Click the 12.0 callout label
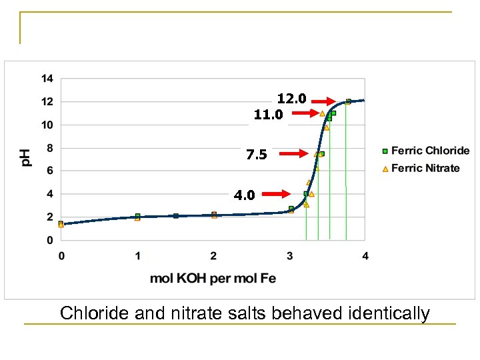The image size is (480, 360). coord(291,99)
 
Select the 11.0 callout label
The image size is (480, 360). coord(269,115)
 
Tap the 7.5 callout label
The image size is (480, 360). coord(256,155)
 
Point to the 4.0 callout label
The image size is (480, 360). coord(244,195)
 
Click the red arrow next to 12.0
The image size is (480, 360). coord(324,101)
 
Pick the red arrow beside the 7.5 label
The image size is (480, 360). coord(292,153)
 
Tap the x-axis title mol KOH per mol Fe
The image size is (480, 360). coord(213,278)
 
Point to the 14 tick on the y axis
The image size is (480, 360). coord(47,79)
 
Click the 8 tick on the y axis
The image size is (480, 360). coord(50,148)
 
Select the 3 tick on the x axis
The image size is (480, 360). coord(289,255)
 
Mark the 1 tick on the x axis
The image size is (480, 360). coord(137,255)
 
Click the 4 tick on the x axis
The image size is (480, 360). coord(365,255)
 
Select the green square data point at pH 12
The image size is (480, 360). coord(348,101)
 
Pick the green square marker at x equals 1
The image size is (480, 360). coord(137,216)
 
